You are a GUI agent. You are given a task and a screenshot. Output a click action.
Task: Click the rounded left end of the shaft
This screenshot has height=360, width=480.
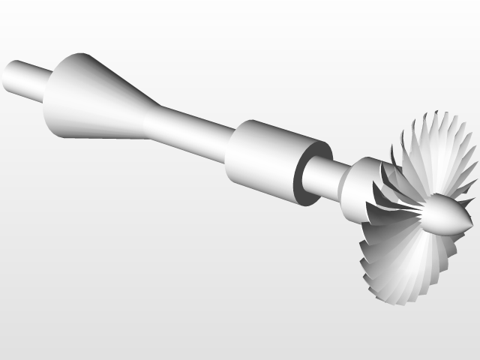(x=9, y=77)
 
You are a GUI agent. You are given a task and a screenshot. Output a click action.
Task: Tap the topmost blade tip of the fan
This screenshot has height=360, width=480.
(x=432, y=113)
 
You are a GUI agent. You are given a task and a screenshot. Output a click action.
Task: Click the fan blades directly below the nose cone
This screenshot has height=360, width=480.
(x=420, y=262)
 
